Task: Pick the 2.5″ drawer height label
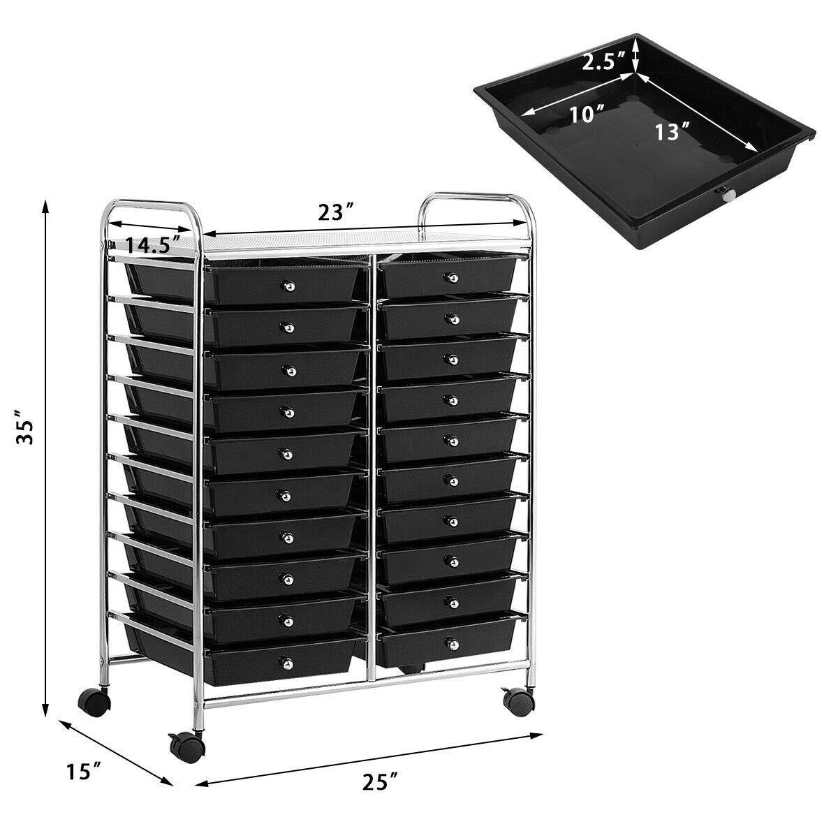click(603, 62)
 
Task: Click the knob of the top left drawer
click(288, 286)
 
